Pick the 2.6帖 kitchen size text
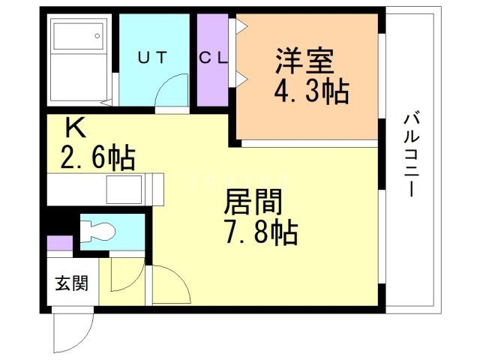coord(97,158)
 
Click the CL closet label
coord(213,57)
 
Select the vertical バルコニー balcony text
coord(410,154)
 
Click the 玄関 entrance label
coord(71,283)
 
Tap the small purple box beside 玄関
coord(59,243)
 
